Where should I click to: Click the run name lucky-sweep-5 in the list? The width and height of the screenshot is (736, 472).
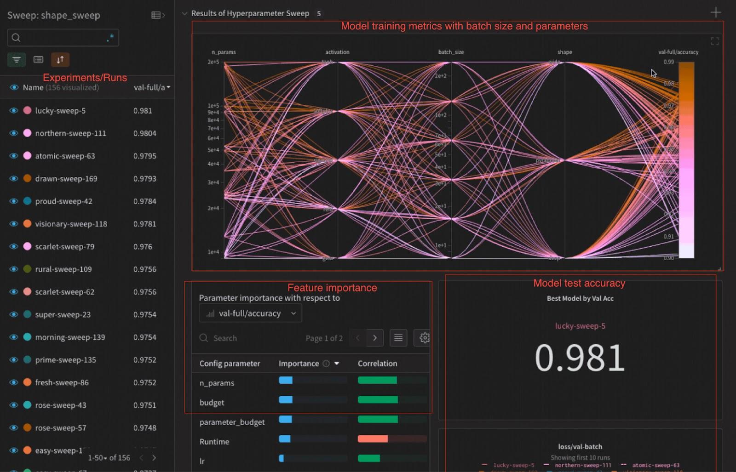coord(60,111)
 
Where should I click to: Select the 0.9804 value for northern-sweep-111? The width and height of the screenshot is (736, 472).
coord(145,133)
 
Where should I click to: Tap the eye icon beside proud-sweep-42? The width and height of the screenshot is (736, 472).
coord(14,201)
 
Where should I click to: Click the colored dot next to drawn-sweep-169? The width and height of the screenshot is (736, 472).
coord(27,178)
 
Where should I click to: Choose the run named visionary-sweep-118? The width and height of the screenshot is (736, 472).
coord(71,224)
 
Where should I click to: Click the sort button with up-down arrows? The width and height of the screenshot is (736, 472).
coord(60,60)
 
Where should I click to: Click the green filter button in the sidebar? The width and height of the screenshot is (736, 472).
coord(17,60)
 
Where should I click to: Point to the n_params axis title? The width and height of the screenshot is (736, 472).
coord(224,52)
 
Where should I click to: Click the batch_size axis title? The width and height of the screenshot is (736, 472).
coord(451,52)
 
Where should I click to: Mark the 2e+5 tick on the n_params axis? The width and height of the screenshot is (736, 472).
coord(213,62)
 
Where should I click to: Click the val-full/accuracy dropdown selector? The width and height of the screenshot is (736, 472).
coord(251,313)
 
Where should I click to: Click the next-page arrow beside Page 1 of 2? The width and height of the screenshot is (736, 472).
coord(375,338)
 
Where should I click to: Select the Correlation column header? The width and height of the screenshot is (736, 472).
coord(377,364)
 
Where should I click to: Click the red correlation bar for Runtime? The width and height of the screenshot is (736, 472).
coord(373,439)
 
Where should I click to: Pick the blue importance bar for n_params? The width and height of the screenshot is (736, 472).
coord(286,380)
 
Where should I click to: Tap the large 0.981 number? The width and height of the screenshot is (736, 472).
coord(580,358)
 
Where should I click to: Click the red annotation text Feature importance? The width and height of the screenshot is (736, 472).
coord(332,288)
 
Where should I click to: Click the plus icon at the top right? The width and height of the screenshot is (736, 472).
coord(715,12)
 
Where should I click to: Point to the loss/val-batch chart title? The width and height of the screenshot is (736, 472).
coord(580,447)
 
